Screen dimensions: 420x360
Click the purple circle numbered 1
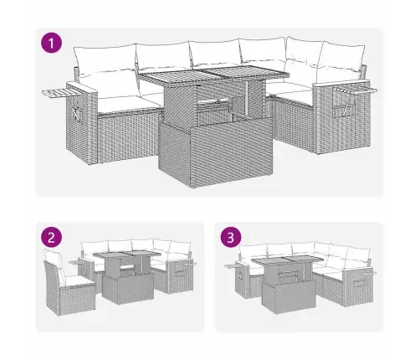(x=51, y=43)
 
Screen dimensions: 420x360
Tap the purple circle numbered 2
(x=51, y=238)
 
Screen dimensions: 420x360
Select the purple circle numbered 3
(x=231, y=238)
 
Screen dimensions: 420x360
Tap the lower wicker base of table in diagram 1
(x=215, y=152)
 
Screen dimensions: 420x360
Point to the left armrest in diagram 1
(x=82, y=122)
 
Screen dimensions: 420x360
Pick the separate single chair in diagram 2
(x=69, y=282)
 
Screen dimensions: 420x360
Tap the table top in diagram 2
(x=127, y=255)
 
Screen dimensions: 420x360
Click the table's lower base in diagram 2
(x=128, y=289)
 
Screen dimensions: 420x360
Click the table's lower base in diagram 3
(x=289, y=297)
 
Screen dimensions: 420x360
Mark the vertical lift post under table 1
(x=248, y=98)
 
